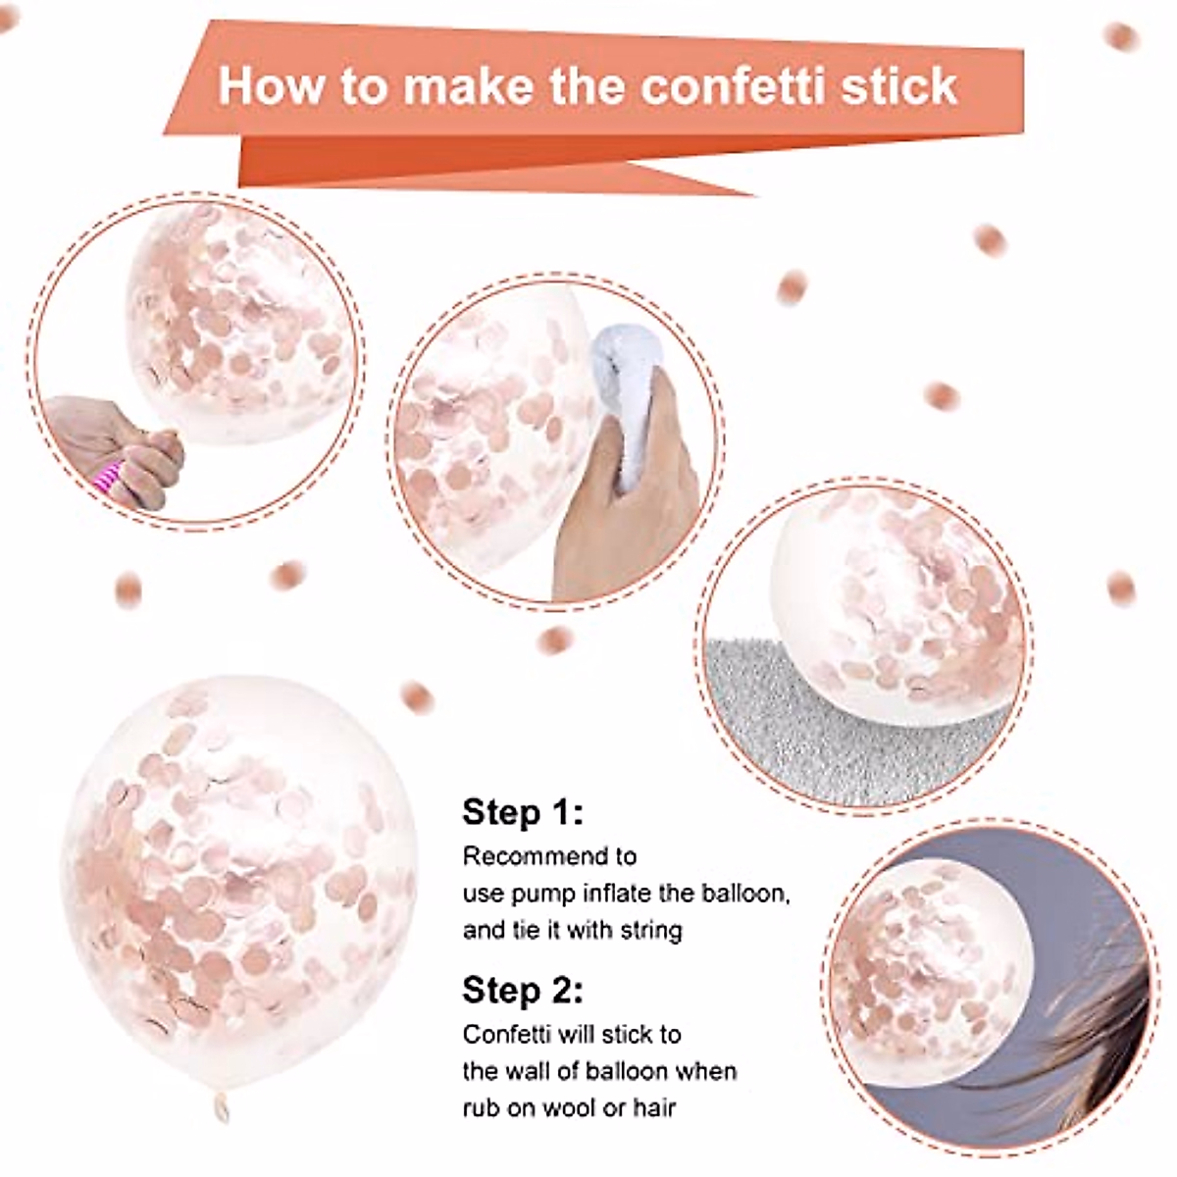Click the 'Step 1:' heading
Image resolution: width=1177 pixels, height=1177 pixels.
pos(522,812)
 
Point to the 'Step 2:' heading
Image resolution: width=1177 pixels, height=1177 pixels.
pos(522,990)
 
